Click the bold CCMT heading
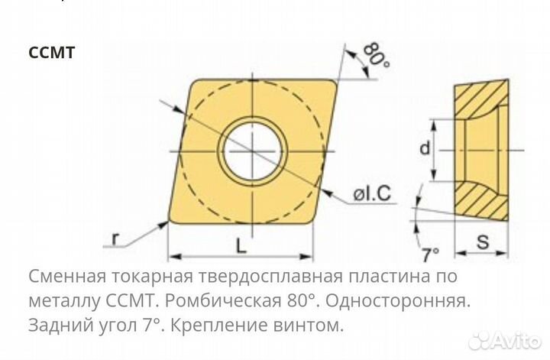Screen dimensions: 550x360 click(x=52, y=53)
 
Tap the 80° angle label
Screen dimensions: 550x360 click(x=376, y=55)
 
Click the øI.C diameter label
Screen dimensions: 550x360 click(x=372, y=193)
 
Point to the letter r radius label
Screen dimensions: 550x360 click(x=115, y=239)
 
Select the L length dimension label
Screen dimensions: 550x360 click(x=241, y=245)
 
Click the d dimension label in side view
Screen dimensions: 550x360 click(x=425, y=148)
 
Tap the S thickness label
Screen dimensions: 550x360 click(x=483, y=242)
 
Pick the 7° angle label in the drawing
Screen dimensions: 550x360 click(x=430, y=255)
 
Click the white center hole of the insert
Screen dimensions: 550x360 click(x=253, y=151)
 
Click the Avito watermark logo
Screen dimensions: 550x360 click(x=505, y=341)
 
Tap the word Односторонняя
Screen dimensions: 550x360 click(x=398, y=301)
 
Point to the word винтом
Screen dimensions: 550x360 click(x=309, y=326)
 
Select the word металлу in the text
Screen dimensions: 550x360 click(x=64, y=301)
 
